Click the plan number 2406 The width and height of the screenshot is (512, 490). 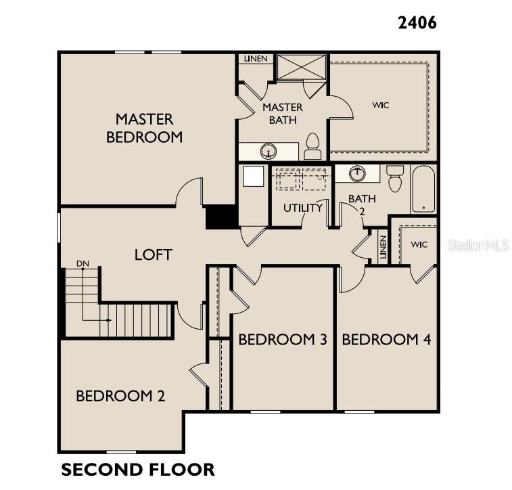coord(417,22)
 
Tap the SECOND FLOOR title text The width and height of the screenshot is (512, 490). coord(138,469)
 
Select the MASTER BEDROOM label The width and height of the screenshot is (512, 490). coord(144,128)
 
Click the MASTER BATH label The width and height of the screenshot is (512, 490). coord(283,114)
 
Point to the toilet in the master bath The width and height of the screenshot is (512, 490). coord(312,146)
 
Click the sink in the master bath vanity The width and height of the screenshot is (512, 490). coord(270,150)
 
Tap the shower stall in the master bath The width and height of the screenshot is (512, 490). coord(302,66)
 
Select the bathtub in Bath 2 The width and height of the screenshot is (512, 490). coord(424,189)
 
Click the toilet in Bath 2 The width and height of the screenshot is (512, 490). coord(395,178)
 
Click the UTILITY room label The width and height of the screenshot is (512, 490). coord(302,208)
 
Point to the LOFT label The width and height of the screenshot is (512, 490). coord(154,255)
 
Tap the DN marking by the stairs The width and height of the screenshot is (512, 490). coord(83,263)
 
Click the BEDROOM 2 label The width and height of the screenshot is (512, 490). coord(120,396)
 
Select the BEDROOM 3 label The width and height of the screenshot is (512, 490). coord(283,340)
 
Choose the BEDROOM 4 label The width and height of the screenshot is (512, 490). coord(386,340)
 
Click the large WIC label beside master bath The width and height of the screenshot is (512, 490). coord(381,105)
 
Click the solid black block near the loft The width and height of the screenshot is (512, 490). coord(220,217)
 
